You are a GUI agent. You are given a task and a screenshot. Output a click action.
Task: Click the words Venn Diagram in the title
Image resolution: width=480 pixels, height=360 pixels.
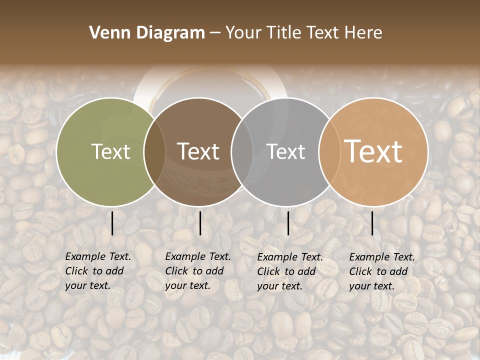click(147, 33)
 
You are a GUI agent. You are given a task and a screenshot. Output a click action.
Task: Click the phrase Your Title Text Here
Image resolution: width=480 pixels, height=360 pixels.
click(303, 33)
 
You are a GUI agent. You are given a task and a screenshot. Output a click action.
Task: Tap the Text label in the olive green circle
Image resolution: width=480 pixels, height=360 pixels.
click(110, 151)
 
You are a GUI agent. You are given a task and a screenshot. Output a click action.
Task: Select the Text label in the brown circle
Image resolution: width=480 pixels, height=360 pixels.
click(198, 151)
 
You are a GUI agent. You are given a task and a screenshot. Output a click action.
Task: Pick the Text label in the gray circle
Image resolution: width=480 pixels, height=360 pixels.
click(286, 151)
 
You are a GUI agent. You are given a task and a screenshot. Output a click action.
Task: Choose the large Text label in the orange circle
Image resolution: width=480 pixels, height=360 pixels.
click(373, 151)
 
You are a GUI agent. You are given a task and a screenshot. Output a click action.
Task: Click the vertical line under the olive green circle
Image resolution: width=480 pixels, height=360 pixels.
click(112, 223)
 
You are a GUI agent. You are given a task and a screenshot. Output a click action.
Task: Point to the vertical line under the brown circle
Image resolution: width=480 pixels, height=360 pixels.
click(200, 223)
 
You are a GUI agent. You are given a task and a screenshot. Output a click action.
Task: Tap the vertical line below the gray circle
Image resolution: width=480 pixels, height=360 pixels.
click(288, 223)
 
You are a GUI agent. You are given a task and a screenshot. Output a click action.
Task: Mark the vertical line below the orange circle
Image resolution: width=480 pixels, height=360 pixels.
click(372, 223)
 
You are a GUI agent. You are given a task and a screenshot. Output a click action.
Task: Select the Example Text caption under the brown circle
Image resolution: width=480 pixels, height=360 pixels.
click(197, 271)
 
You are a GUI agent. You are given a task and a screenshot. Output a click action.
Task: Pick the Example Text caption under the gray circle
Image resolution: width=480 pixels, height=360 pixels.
click(290, 271)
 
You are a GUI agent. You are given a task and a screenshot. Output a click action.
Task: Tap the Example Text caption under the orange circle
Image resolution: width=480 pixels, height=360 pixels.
click(381, 271)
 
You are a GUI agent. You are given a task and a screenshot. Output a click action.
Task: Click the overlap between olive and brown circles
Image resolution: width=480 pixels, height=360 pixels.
click(154, 152)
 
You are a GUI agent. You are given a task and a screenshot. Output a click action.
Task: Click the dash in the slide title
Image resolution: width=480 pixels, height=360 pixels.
click(215, 33)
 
